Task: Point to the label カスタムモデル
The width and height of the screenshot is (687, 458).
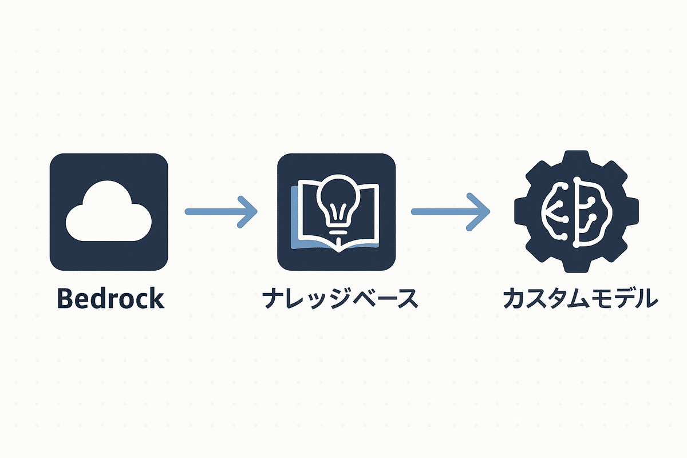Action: point(579,299)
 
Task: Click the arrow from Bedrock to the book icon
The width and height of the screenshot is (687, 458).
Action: point(220,212)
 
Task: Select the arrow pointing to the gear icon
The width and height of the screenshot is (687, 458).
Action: point(450,212)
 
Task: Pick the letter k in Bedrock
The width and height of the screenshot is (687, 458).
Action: point(156,299)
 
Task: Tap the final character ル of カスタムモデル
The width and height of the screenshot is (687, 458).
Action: point(644,299)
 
